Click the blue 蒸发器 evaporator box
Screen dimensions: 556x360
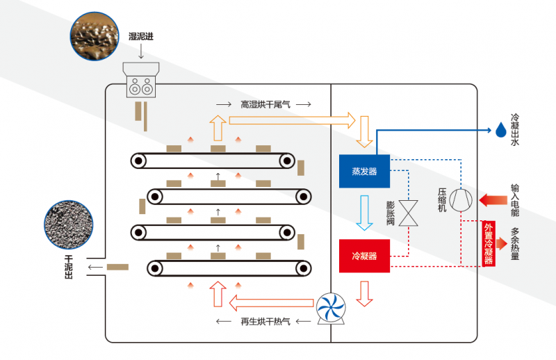(364, 171)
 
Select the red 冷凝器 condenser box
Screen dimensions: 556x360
(364, 256)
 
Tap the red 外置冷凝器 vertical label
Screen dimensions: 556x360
(489, 244)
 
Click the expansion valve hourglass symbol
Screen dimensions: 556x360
(409, 213)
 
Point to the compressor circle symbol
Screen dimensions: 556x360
(461, 200)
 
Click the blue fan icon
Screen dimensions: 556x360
(331, 307)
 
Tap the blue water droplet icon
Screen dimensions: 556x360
(500, 130)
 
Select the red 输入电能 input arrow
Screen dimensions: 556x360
(493, 199)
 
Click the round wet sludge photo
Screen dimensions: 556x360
(95, 36)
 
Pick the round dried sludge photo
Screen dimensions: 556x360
(68, 224)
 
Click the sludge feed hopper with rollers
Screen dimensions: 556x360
(141, 80)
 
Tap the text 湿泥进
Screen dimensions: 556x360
(141, 37)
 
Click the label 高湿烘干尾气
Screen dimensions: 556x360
(265, 104)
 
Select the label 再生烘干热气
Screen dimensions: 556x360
(265, 321)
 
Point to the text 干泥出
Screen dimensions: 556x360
(68, 267)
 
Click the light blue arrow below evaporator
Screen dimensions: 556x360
(364, 213)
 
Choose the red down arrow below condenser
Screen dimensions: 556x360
(364, 294)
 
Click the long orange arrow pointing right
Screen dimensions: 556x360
(292, 121)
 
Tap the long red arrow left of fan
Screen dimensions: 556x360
(271, 303)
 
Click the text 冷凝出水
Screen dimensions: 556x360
(515, 129)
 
